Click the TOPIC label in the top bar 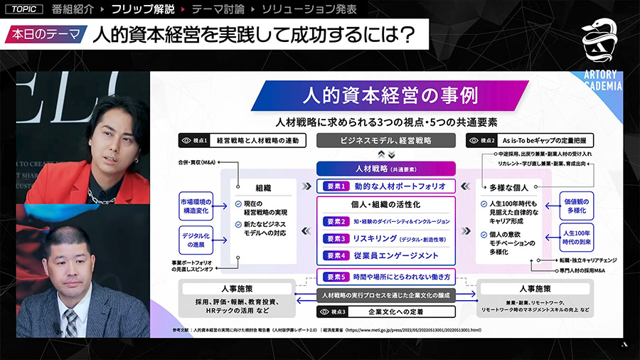(x=23, y=10)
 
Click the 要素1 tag (x=335, y=186)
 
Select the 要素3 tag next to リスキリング (x=335, y=238)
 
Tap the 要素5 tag (x=335, y=277)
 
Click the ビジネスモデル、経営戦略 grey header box (x=385, y=141)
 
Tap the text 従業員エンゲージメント (x=396, y=255)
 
